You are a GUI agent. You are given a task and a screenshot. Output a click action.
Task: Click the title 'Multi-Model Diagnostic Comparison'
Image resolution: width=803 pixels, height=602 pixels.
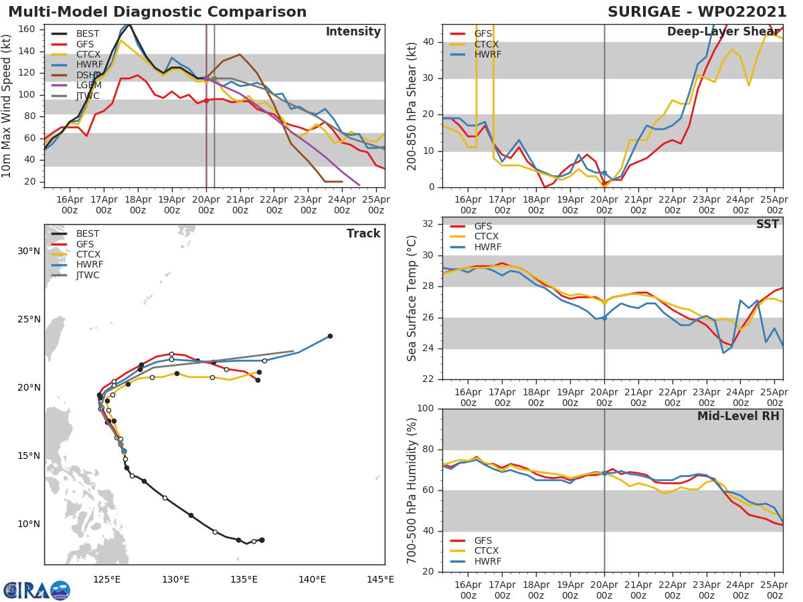(157, 12)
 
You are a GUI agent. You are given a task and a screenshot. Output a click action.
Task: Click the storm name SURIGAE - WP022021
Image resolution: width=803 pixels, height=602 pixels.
(697, 12)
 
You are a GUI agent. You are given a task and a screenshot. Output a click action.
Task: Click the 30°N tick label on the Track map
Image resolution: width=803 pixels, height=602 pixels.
(29, 252)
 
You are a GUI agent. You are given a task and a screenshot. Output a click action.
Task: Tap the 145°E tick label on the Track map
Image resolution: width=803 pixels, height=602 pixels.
(380, 579)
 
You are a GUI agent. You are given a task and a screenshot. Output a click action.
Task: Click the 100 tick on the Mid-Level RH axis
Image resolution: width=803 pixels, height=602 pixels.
(425, 409)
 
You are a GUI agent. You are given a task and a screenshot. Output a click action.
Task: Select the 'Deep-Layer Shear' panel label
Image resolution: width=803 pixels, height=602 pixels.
(723, 32)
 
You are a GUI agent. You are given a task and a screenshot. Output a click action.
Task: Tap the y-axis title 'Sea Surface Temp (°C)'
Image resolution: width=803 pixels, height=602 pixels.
(413, 298)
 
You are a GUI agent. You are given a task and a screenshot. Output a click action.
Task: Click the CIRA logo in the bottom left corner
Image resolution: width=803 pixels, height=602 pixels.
(37, 590)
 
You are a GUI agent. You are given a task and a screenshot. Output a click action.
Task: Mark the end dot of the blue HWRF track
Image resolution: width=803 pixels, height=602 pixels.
(330, 336)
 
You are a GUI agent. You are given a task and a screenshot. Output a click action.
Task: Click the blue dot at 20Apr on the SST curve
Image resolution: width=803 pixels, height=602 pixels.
(604, 318)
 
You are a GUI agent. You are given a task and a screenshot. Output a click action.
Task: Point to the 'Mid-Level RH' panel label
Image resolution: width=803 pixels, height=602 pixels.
(738, 416)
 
